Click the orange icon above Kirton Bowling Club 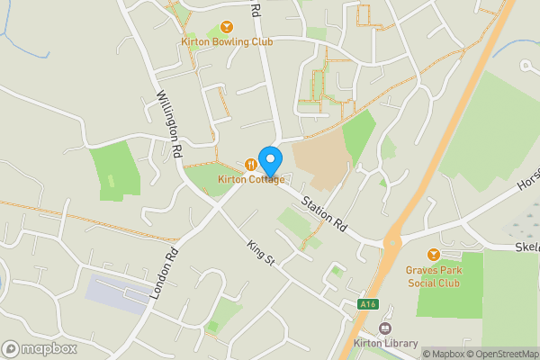click(226, 27)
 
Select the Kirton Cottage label click(251, 179)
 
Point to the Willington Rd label click(169, 122)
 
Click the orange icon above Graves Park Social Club click(433, 255)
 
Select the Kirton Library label click(387, 344)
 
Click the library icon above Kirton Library click(387, 328)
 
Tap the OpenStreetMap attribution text click(496, 353)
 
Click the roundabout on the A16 click(392, 241)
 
